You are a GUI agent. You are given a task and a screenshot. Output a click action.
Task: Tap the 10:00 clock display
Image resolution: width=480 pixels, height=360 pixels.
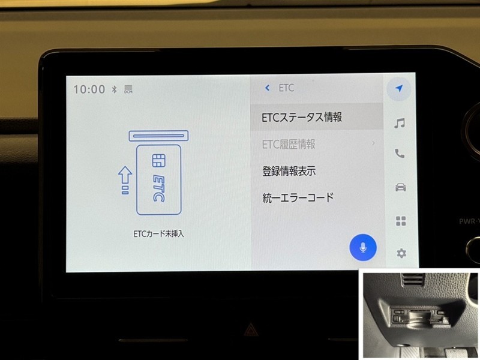(x=89, y=89)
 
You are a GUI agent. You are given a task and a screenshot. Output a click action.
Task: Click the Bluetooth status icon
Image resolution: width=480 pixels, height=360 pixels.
(x=114, y=89)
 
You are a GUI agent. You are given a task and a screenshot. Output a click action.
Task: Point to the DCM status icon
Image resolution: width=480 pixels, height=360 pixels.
(x=128, y=89)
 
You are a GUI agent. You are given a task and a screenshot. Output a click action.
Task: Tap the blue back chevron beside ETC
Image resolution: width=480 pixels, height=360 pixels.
(x=267, y=88)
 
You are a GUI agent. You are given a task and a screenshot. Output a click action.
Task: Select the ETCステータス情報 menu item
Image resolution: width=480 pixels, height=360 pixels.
(x=302, y=117)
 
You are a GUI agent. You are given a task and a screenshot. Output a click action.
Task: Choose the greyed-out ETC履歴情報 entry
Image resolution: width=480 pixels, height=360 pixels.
(x=289, y=144)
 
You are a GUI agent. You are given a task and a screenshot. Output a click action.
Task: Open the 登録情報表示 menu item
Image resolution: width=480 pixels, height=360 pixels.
(x=289, y=171)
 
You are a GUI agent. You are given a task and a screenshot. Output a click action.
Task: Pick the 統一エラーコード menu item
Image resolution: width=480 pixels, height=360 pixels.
(x=298, y=197)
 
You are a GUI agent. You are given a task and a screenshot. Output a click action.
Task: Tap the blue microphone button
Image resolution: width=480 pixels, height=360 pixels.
(x=363, y=247)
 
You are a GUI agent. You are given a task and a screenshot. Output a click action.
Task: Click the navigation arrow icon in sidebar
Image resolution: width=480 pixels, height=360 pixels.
(x=398, y=88)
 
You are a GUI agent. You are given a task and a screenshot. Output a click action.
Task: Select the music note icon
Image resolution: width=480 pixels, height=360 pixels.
(x=400, y=123)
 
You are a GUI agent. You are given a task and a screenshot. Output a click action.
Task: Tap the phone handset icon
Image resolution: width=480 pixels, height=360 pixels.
(x=400, y=153)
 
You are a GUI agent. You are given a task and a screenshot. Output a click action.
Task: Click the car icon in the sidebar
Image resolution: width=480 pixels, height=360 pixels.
(x=400, y=187)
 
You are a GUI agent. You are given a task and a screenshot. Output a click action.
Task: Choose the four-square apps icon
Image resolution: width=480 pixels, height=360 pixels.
(x=401, y=221)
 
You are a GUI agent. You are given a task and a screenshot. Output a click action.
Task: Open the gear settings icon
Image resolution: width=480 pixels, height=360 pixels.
(x=401, y=253)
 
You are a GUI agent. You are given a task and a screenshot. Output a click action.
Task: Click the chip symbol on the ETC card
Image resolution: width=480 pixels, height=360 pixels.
(x=158, y=160)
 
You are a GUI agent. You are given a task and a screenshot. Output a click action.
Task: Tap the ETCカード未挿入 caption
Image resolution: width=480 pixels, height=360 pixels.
(x=158, y=234)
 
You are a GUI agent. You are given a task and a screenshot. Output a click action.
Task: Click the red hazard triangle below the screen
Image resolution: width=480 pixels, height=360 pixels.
(x=250, y=330)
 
